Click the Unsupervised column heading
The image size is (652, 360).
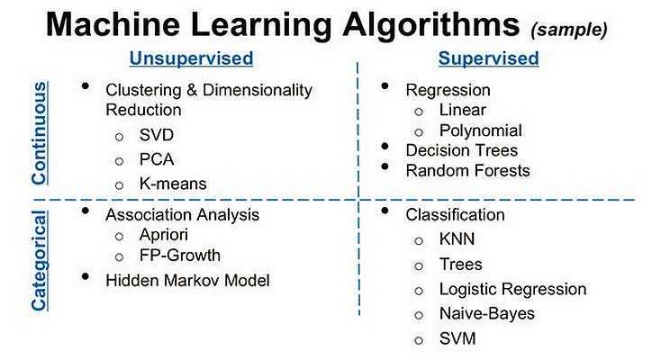pyautogui.click(x=191, y=59)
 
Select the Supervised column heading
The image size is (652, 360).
pyautogui.click(x=488, y=59)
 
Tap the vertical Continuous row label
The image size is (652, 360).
pyautogui.click(x=39, y=132)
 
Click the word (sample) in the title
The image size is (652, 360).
pyautogui.click(x=569, y=29)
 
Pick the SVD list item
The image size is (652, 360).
pyautogui.click(x=156, y=136)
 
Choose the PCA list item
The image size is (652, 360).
pyautogui.click(x=156, y=160)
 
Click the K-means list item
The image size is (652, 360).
pyautogui.click(x=172, y=184)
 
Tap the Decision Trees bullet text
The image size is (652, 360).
pyautogui.click(x=461, y=149)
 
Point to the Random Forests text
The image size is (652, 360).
pyautogui.click(x=467, y=170)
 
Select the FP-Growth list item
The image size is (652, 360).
pyautogui.click(x=179, y=255)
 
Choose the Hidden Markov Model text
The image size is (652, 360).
pyautogui.click(x=187, y=280)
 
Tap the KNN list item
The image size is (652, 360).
pyautogui.click(x=457, y=239)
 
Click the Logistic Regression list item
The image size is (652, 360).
pyautogui.click(x=512, y=289)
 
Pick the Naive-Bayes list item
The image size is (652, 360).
pyautogui.click(x=486, y=313)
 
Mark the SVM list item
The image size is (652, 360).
pyautogui.click(x=457, y=338)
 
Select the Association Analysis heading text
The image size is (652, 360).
pyautogui.click(x=182, y=215)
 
